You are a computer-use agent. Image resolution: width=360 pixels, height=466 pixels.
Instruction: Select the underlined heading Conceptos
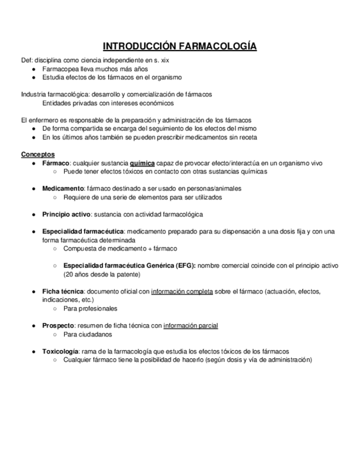tap(38, 154)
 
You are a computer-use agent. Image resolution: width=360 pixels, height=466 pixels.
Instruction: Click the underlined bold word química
tap(142, 163)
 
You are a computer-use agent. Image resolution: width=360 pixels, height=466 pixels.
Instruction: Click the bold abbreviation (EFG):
tap(179, 265)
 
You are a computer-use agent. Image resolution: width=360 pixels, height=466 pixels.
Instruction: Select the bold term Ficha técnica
tap(63, 291)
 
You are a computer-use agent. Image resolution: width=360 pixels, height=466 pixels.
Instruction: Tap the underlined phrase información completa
tap(182, 291)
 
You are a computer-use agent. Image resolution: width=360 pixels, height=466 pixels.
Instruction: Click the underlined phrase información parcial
tap(191, 325)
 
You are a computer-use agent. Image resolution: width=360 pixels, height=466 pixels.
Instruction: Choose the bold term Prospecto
tap(58, 325)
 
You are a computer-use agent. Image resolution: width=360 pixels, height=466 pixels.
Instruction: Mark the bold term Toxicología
tap(60, 351)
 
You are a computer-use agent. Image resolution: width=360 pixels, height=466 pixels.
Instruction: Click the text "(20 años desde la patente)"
tap(102, 274)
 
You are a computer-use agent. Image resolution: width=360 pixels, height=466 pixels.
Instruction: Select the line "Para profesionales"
tap(91, 308)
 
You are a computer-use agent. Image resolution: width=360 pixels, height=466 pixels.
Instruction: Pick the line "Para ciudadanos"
tap(88, 334)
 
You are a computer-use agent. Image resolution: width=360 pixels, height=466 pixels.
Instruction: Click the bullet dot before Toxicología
tap(34, 351)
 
